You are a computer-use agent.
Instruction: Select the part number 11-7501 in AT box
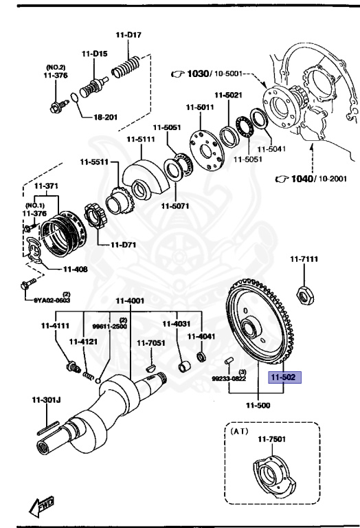click(x=272, y=439)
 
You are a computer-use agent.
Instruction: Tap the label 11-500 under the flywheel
click(x=258, y=406)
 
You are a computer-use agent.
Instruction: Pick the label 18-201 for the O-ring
click(x=106, y=117)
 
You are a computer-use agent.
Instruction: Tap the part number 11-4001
click(x=130, y=300)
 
